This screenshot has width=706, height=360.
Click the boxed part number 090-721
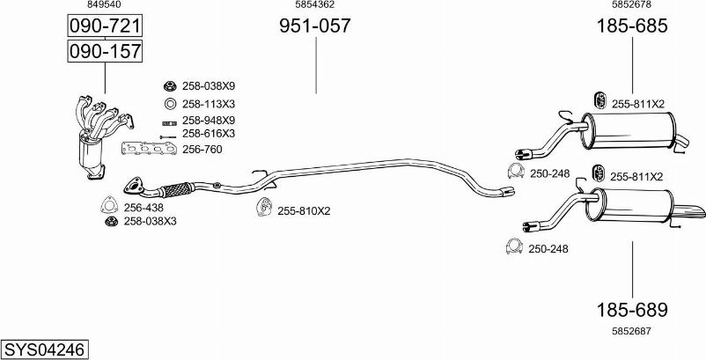[105, 26]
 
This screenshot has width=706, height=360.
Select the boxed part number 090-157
[105, 51]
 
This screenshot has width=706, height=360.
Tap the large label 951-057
[315, 26]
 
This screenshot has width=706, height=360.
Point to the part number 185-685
[632, 26]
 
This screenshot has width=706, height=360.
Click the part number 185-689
[632, 310]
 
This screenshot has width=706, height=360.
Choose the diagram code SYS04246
[45, 349]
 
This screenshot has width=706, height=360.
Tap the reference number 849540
[104, 4]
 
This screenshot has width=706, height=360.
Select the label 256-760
[202, 150]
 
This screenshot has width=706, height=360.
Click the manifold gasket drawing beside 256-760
[149, 148]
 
